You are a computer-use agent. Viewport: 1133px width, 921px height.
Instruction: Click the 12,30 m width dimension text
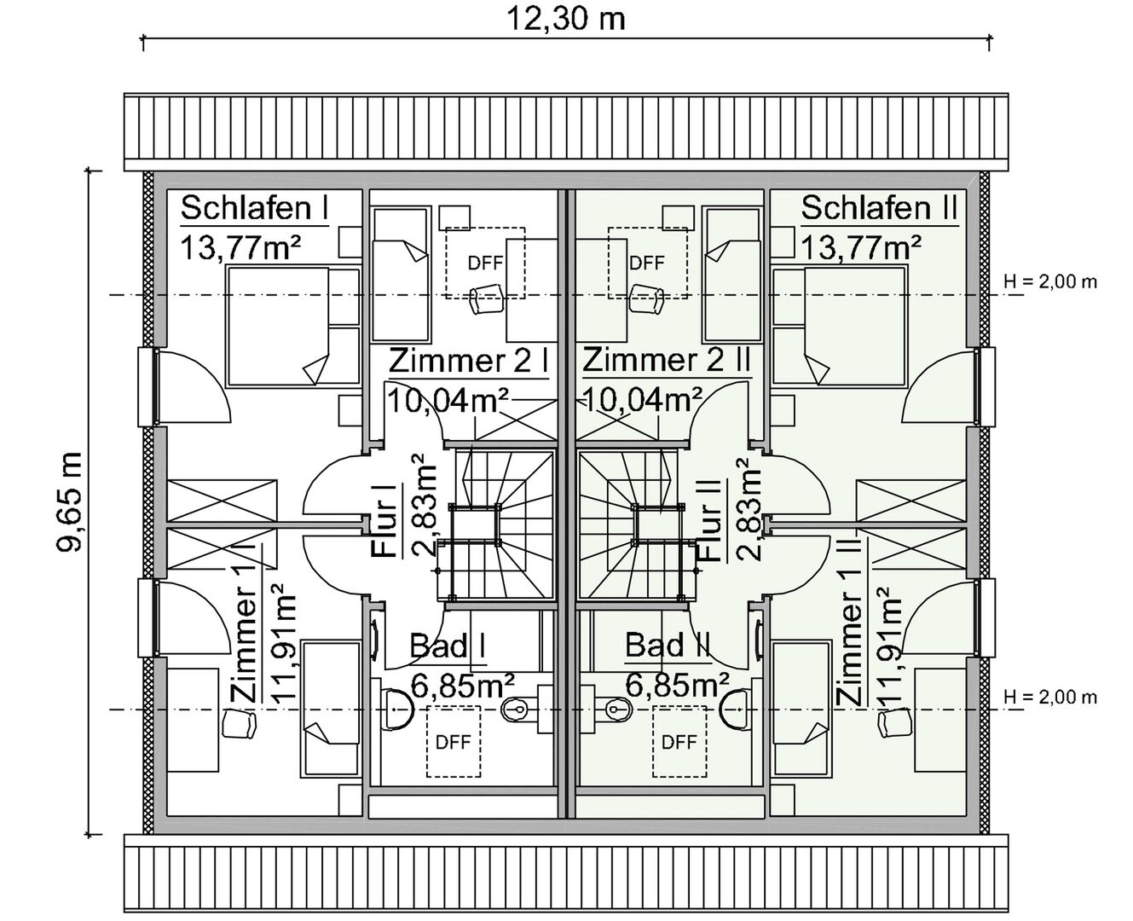(565, 20)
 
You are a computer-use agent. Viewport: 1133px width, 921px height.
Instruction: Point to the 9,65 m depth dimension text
(70, 501)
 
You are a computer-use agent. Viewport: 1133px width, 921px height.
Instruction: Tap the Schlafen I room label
(254, 207)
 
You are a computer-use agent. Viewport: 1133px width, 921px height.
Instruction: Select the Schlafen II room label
(879, 207)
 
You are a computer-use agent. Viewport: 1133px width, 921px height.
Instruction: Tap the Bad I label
(447, 646)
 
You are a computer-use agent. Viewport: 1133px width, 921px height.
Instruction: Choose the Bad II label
(668, 645)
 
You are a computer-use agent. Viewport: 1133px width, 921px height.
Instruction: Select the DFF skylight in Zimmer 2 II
(647, 263)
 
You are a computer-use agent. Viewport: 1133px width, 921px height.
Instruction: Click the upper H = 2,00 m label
(1050, 281)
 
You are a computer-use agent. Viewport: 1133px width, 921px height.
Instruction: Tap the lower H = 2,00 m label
(1050, 697)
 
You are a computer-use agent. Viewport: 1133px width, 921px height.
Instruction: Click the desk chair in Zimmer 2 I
(486, 298)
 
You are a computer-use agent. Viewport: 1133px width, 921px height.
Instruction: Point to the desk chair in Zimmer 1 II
(895, 724)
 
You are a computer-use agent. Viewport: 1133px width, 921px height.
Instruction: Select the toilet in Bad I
(396, 709)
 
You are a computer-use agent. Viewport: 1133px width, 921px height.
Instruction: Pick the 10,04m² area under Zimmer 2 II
(643, 400)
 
